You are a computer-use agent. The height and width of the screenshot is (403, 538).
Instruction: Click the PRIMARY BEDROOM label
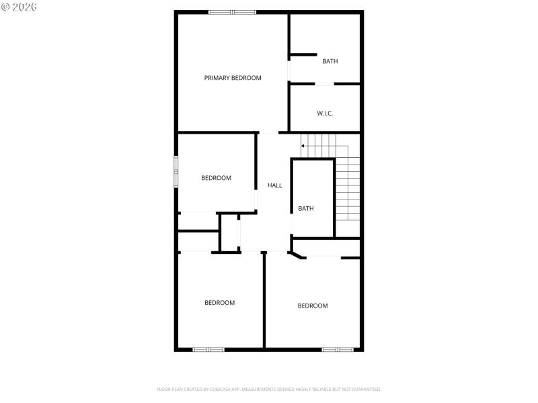coord(233,78)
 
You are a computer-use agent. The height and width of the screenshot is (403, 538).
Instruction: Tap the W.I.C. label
coord(325,113)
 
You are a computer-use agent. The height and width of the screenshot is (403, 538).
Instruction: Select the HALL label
coord(274,185)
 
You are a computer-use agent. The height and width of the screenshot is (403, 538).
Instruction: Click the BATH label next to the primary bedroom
coord(330,61)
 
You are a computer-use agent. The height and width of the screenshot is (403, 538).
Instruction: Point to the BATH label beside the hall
coord(306,208)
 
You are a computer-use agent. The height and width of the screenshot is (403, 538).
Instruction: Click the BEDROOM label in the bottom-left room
coord(219,303)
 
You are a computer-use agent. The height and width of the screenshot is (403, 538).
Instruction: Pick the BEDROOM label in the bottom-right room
coord(313,306)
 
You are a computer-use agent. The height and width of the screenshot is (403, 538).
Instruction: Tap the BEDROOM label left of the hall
coord(216,178)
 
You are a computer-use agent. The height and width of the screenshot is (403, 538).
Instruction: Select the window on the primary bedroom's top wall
coord(232,11)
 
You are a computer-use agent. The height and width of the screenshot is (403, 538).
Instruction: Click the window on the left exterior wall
coord(176,172)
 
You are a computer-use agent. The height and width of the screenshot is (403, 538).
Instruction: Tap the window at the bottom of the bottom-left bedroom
coord(208,349)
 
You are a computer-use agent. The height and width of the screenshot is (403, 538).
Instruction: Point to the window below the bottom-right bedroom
coord(337,349)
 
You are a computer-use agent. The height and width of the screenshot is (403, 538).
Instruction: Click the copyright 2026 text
coord(20,7)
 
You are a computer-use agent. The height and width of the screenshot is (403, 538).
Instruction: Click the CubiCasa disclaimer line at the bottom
coord(268,389)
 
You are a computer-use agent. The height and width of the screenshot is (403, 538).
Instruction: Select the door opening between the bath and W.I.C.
coord(325,84)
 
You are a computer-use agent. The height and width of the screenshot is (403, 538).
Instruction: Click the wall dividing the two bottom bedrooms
coord(264,300)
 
